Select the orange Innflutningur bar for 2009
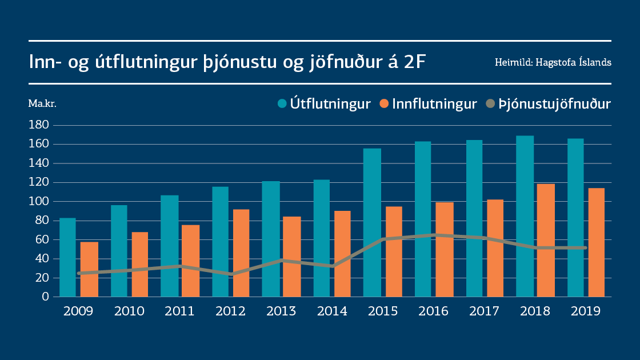(89, 269)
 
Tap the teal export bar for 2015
(372, 222)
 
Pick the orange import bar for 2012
(241, 253)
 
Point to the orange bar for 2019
(597, 242)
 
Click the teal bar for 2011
(169, 246)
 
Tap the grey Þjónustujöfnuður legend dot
(490, 104)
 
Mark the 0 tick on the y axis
(46, 297)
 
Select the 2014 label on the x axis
(332, 311)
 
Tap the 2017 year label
(484, 311)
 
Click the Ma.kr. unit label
(42, 104)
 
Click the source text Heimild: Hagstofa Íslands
(553, 62)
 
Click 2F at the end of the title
(414, 62)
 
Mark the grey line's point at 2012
(232, 274)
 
